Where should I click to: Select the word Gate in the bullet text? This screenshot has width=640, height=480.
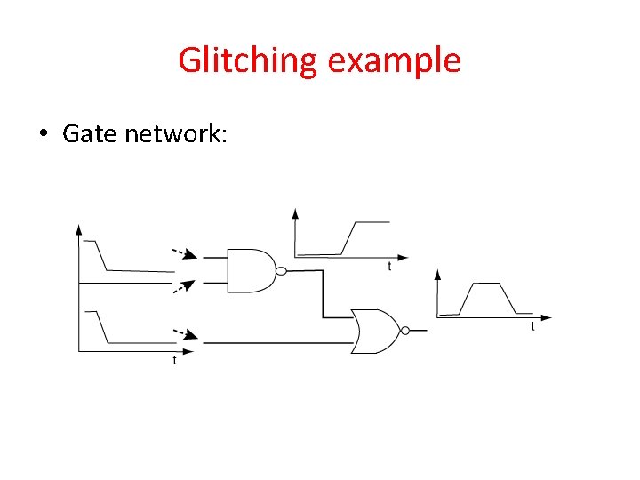pos(90,133)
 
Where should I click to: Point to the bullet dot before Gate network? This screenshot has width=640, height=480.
pos(43,134)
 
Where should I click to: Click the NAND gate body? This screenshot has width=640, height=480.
pos(251,270)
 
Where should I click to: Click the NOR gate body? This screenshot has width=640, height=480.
pos(376,331)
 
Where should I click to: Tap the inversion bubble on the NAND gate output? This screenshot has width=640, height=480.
pos(280,271)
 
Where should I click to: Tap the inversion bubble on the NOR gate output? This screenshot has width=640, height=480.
pos(404,331)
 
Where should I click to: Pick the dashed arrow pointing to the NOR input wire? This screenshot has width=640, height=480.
pos(185,334)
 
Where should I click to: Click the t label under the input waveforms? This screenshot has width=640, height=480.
pos(174,360)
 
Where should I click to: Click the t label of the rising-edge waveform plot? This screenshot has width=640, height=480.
pos(388,267)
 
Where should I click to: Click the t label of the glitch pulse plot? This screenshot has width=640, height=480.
pos(532,326)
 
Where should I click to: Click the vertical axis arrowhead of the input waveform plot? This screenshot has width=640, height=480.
pos(80,229)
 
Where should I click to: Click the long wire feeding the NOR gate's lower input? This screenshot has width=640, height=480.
pos(276,342)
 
